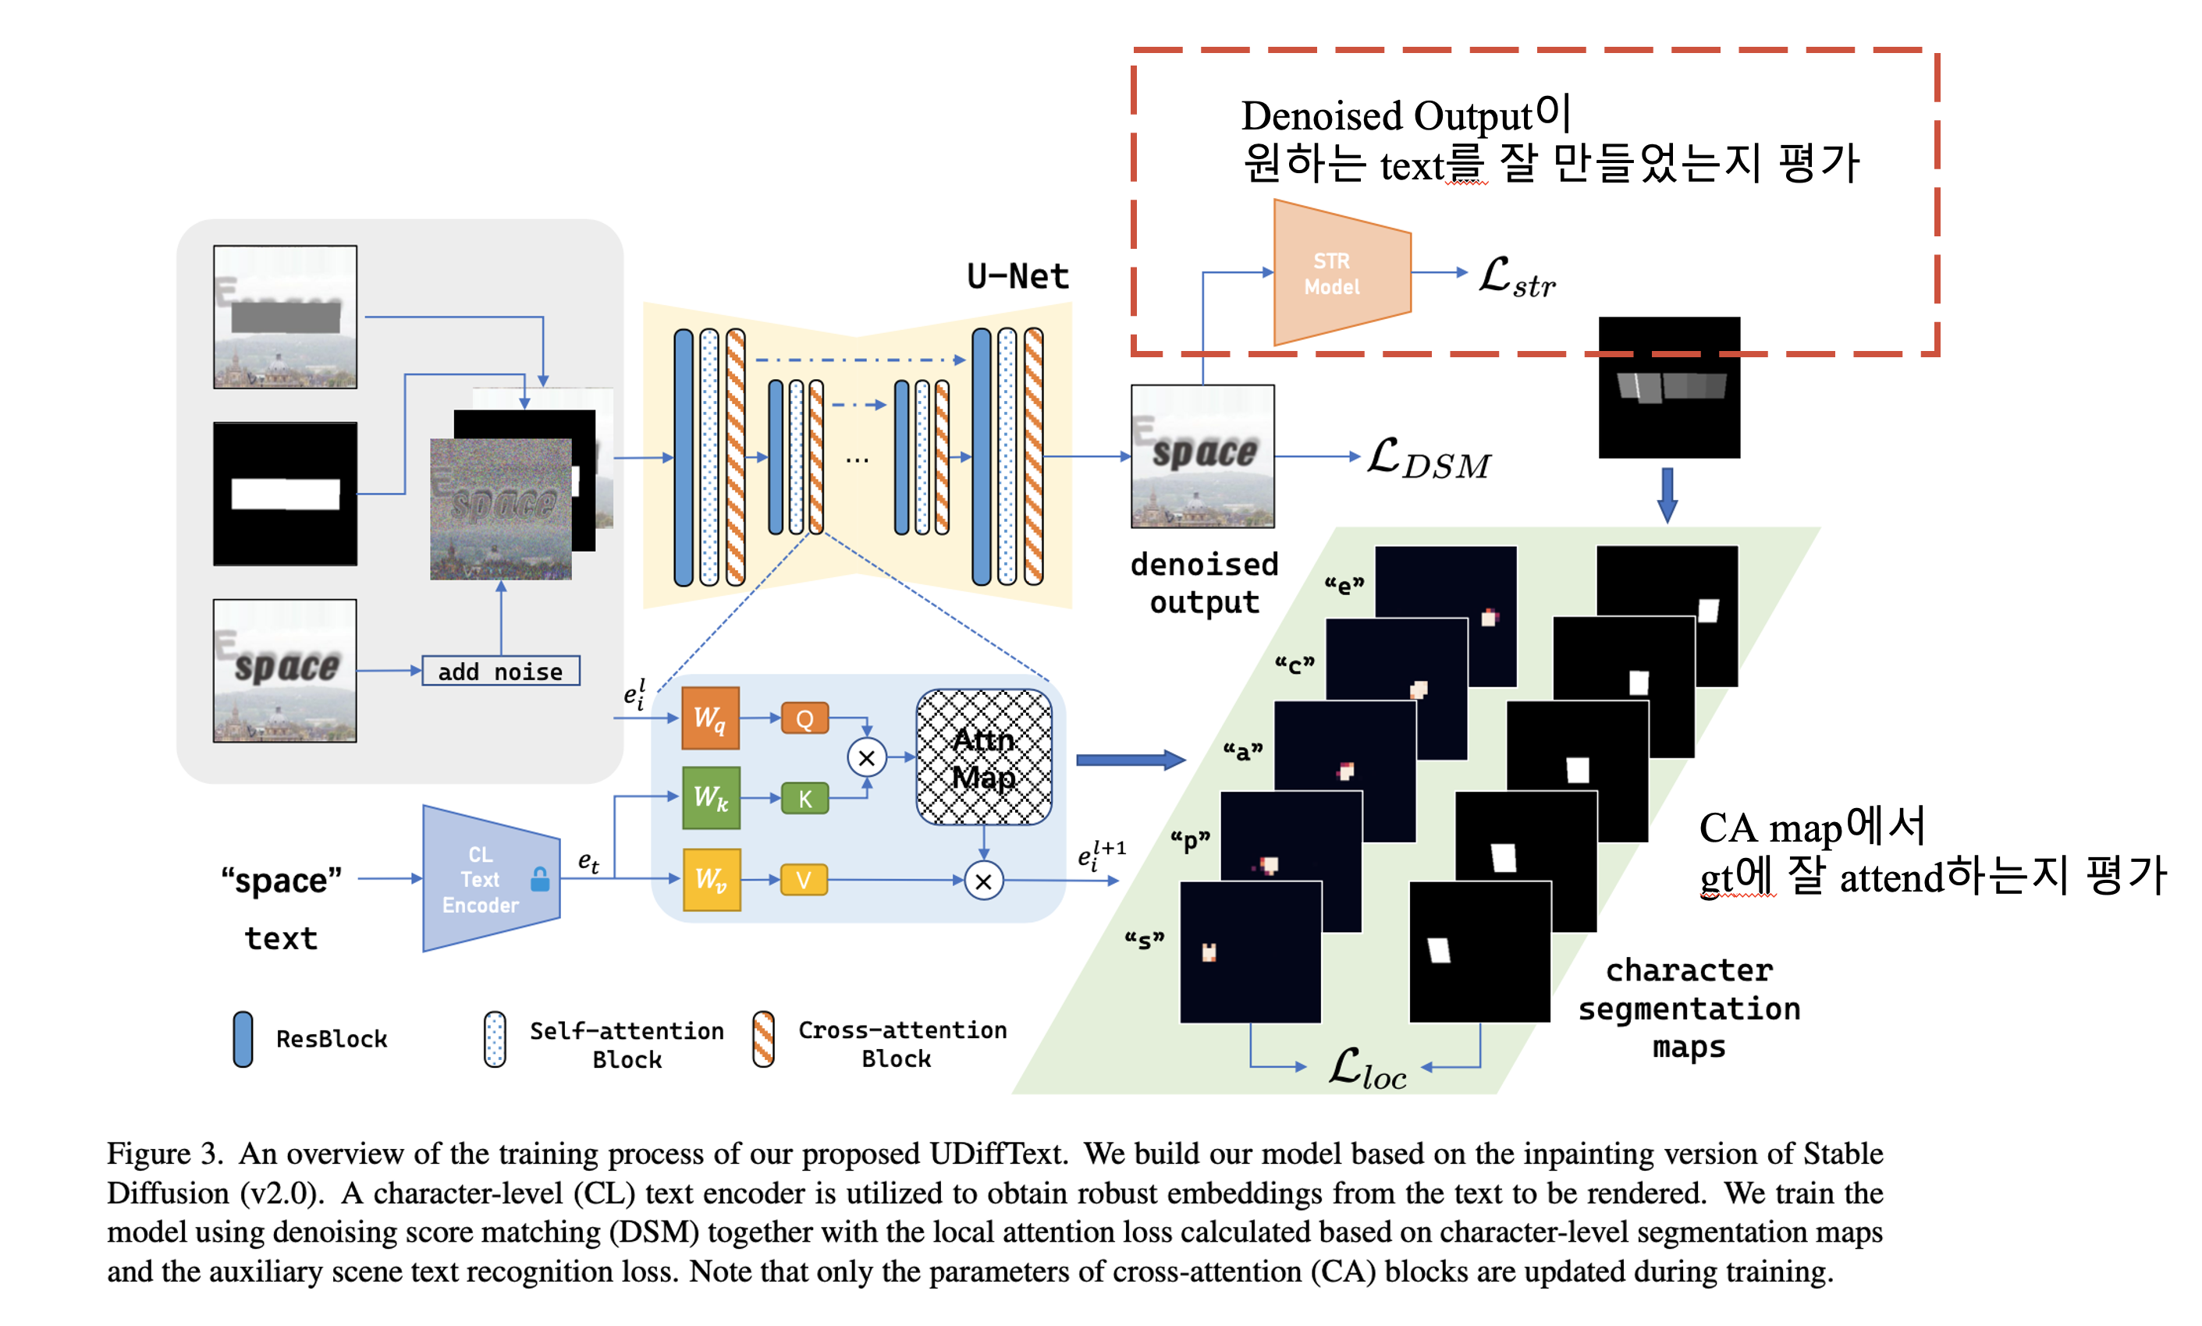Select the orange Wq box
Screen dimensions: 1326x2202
(711, 718)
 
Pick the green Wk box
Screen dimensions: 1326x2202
(711, 797)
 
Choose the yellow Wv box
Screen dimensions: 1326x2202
(712, 879)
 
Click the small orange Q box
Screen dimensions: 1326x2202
(804, 718)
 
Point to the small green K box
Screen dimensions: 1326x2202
(804, 798)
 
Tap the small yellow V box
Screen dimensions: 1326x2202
(804, 880)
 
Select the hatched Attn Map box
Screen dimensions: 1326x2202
(984, 757)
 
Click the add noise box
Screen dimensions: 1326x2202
(500, 671)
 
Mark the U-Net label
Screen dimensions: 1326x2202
(1018, 276)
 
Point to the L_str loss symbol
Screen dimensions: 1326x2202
(1517, 277)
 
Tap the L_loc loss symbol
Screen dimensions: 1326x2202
(1366, 1069)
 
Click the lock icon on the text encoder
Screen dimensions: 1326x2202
(540, 879)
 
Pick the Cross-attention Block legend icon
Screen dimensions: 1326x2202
(763, 1039)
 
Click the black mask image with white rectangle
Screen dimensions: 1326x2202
(285, 494)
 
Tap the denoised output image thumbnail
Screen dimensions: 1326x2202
(1203, 456)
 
